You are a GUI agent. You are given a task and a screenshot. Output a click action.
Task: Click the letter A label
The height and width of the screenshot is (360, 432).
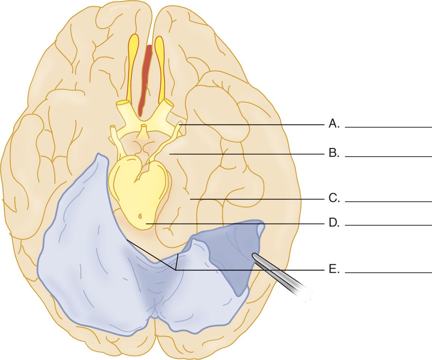334,124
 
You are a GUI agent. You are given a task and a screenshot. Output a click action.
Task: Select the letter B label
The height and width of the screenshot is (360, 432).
334,154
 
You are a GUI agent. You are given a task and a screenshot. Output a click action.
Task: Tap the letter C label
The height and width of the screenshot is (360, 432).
334,199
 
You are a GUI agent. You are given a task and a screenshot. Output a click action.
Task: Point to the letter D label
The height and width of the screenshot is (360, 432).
334,223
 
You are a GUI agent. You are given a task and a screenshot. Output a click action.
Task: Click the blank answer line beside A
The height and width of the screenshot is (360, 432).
388,127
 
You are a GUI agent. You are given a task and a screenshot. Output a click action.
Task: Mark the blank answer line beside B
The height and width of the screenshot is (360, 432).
388,157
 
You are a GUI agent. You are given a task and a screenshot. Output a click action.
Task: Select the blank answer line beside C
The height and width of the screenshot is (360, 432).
388,202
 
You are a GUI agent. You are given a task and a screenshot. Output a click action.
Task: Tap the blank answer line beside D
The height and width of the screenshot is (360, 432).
388,225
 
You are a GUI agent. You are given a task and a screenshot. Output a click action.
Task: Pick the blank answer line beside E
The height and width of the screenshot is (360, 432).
388,273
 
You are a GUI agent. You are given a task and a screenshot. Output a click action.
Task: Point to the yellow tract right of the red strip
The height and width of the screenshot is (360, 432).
160,67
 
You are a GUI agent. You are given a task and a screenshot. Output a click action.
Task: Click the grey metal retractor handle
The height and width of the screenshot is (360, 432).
287,276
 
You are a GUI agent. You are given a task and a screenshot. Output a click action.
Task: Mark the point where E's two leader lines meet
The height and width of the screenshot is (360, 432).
175,269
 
